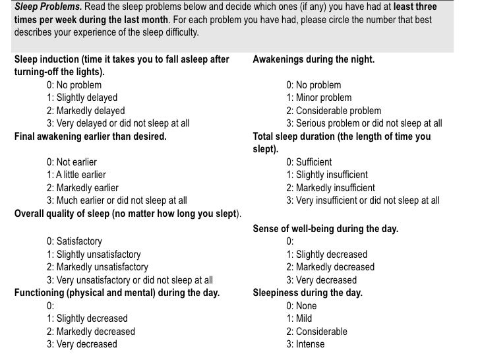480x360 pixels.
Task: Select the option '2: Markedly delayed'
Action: pos(85,111)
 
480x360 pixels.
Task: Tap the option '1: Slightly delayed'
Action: pos(82,98)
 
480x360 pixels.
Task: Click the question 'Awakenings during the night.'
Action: pos(313,59)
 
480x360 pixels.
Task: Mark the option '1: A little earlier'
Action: pos(76,175)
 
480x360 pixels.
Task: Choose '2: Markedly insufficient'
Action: pos(330,188)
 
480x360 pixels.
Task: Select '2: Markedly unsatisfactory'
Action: pos(97,267)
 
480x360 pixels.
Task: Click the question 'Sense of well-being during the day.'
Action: pos(326,229)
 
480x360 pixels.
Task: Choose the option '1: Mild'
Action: pos(300,318)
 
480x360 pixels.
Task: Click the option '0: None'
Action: pos(301,306)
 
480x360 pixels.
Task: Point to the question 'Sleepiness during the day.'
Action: pos(307,293)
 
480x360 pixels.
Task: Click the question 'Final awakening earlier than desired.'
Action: pos(90,137)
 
